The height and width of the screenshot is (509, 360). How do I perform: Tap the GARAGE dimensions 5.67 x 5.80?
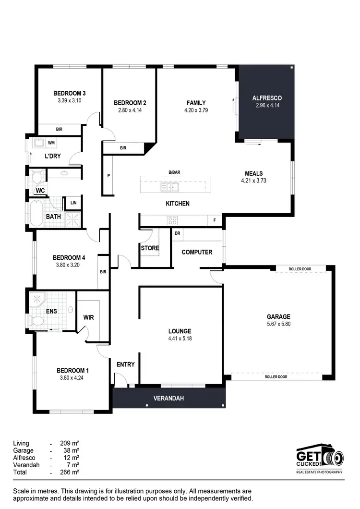click(278, 324)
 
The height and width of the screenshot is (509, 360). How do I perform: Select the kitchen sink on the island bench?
click(170, 187)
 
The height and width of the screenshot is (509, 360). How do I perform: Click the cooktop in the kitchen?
click(172, 220)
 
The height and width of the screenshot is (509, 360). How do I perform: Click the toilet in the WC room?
click(36, 178)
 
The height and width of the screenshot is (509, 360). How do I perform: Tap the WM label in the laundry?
click(51, 143)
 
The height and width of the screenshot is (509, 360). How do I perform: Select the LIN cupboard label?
click(73, 203)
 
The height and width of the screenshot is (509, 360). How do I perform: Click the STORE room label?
click(150, 248)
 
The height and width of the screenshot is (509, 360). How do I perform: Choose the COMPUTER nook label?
click(197, 252)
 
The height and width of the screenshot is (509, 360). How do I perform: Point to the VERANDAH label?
click(168, 399)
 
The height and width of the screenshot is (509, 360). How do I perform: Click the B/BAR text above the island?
click(174, 172)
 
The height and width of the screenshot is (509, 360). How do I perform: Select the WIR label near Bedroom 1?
click(88, 317)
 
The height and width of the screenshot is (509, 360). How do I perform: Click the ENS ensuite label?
click(51, 311)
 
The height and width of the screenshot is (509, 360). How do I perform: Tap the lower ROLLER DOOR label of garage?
click(276, 377)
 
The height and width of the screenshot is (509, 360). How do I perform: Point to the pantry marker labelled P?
click(109, 176)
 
